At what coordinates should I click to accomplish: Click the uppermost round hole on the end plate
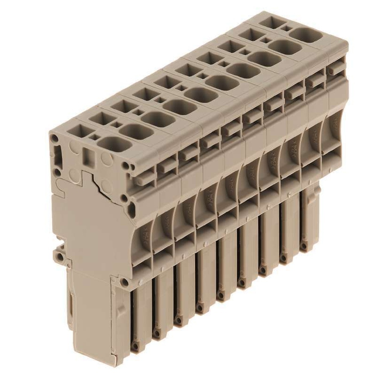pyautogui.click(x=55, y=138)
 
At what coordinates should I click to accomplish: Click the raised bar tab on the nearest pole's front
pyautogui.click(x=145, y=179)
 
